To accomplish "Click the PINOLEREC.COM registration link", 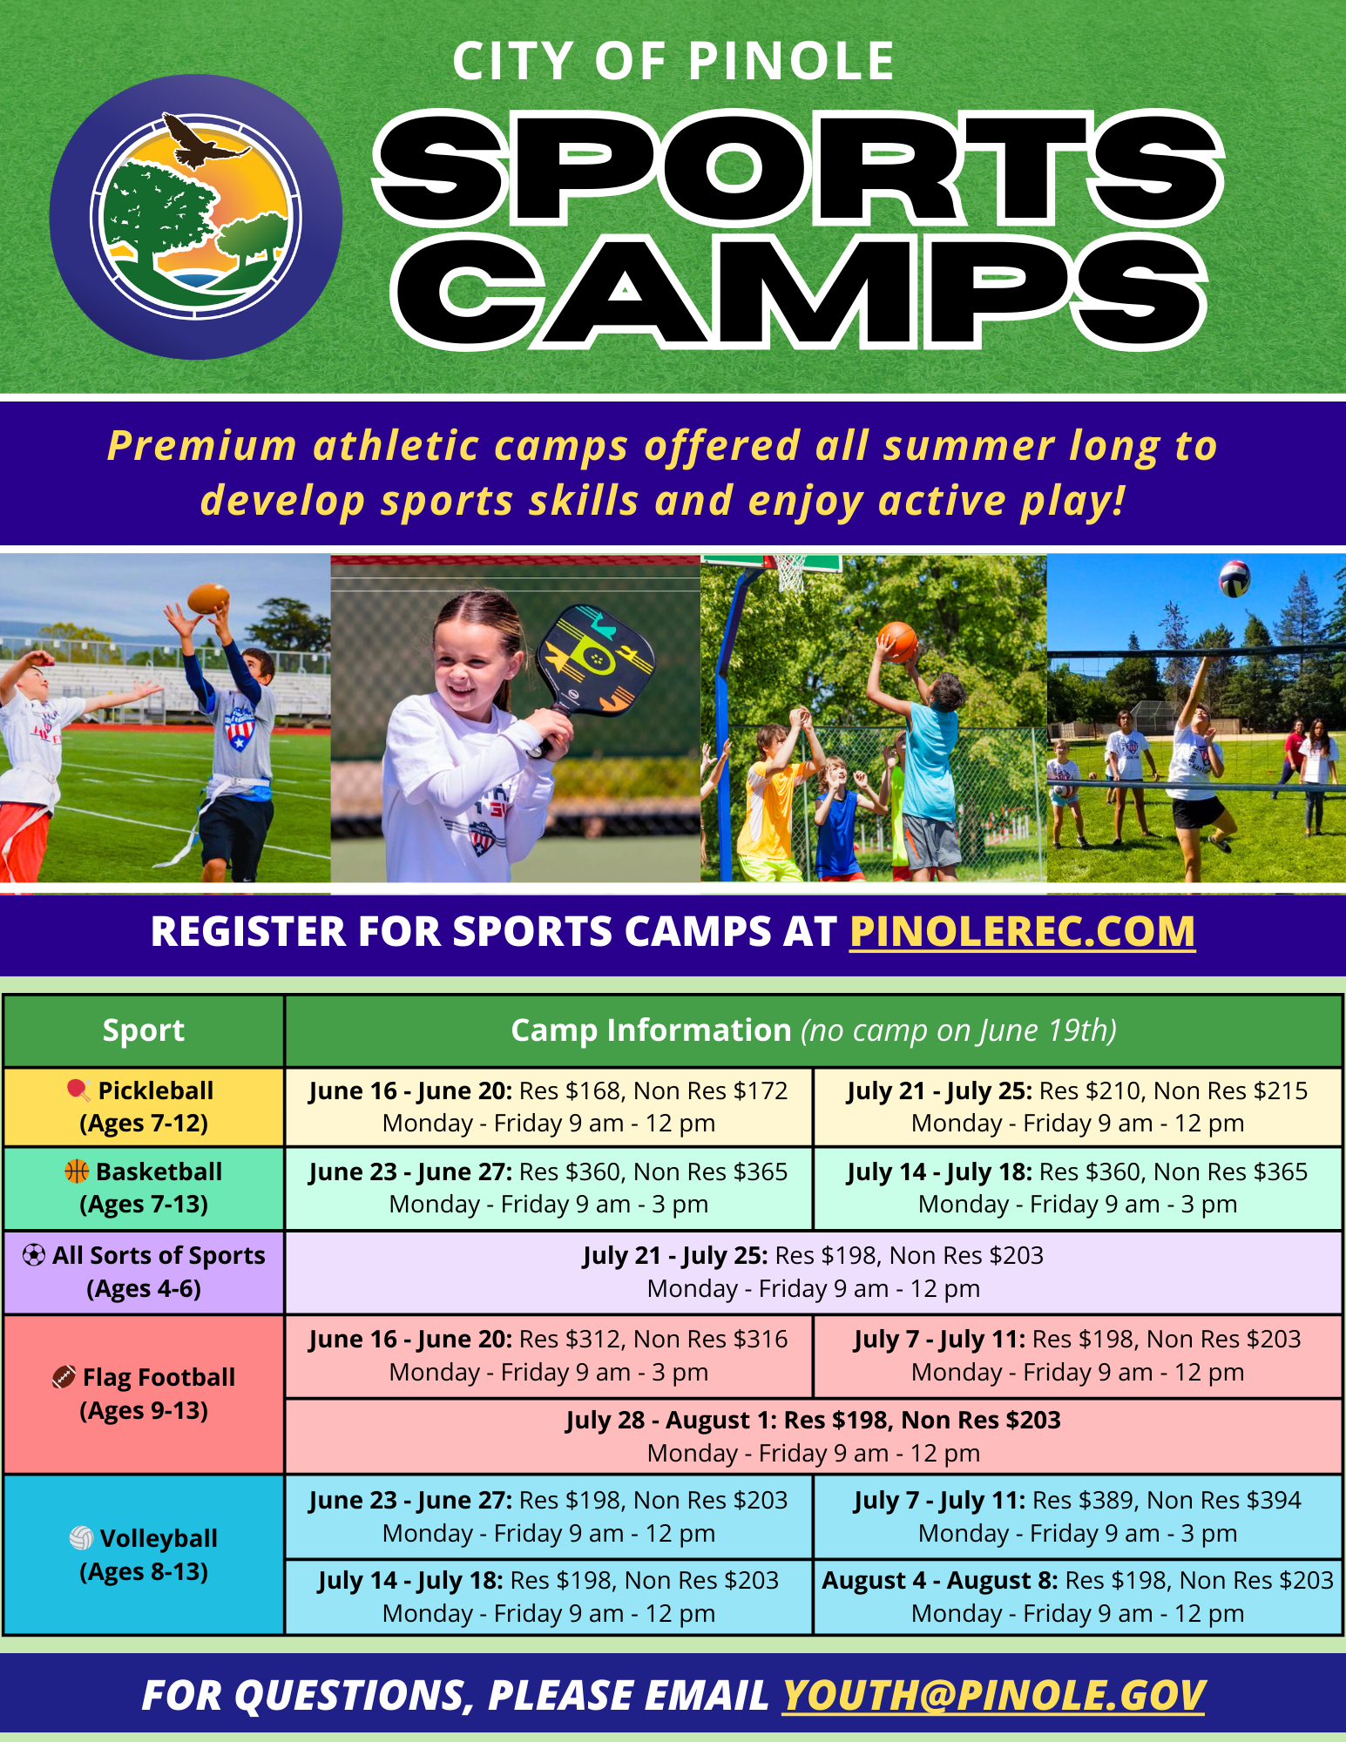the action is click(1022, 931).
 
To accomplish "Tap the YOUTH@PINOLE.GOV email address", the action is click(993, 1695).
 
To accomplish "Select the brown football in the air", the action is click(208, 598).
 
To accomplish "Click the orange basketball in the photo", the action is click(898, 642).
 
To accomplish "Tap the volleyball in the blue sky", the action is click(1234, 578).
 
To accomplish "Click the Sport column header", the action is click(144, 1030).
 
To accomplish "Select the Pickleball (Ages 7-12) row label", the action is click(144, 1107).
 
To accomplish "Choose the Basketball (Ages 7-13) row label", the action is click(144, 1188).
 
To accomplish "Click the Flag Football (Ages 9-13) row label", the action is click(144, 1394).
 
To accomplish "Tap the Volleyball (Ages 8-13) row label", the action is click(144, 1555).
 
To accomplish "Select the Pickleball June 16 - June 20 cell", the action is click(549, 1107).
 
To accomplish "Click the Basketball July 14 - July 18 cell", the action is click(1078, 1188).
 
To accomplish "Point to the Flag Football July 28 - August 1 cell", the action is click(814, 1436).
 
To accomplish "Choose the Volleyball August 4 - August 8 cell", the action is click(1078, 1597).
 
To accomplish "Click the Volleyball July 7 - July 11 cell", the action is click(1078, 1516).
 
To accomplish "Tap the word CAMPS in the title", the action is click(799, 294).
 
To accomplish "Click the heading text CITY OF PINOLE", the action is click(673, 62).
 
